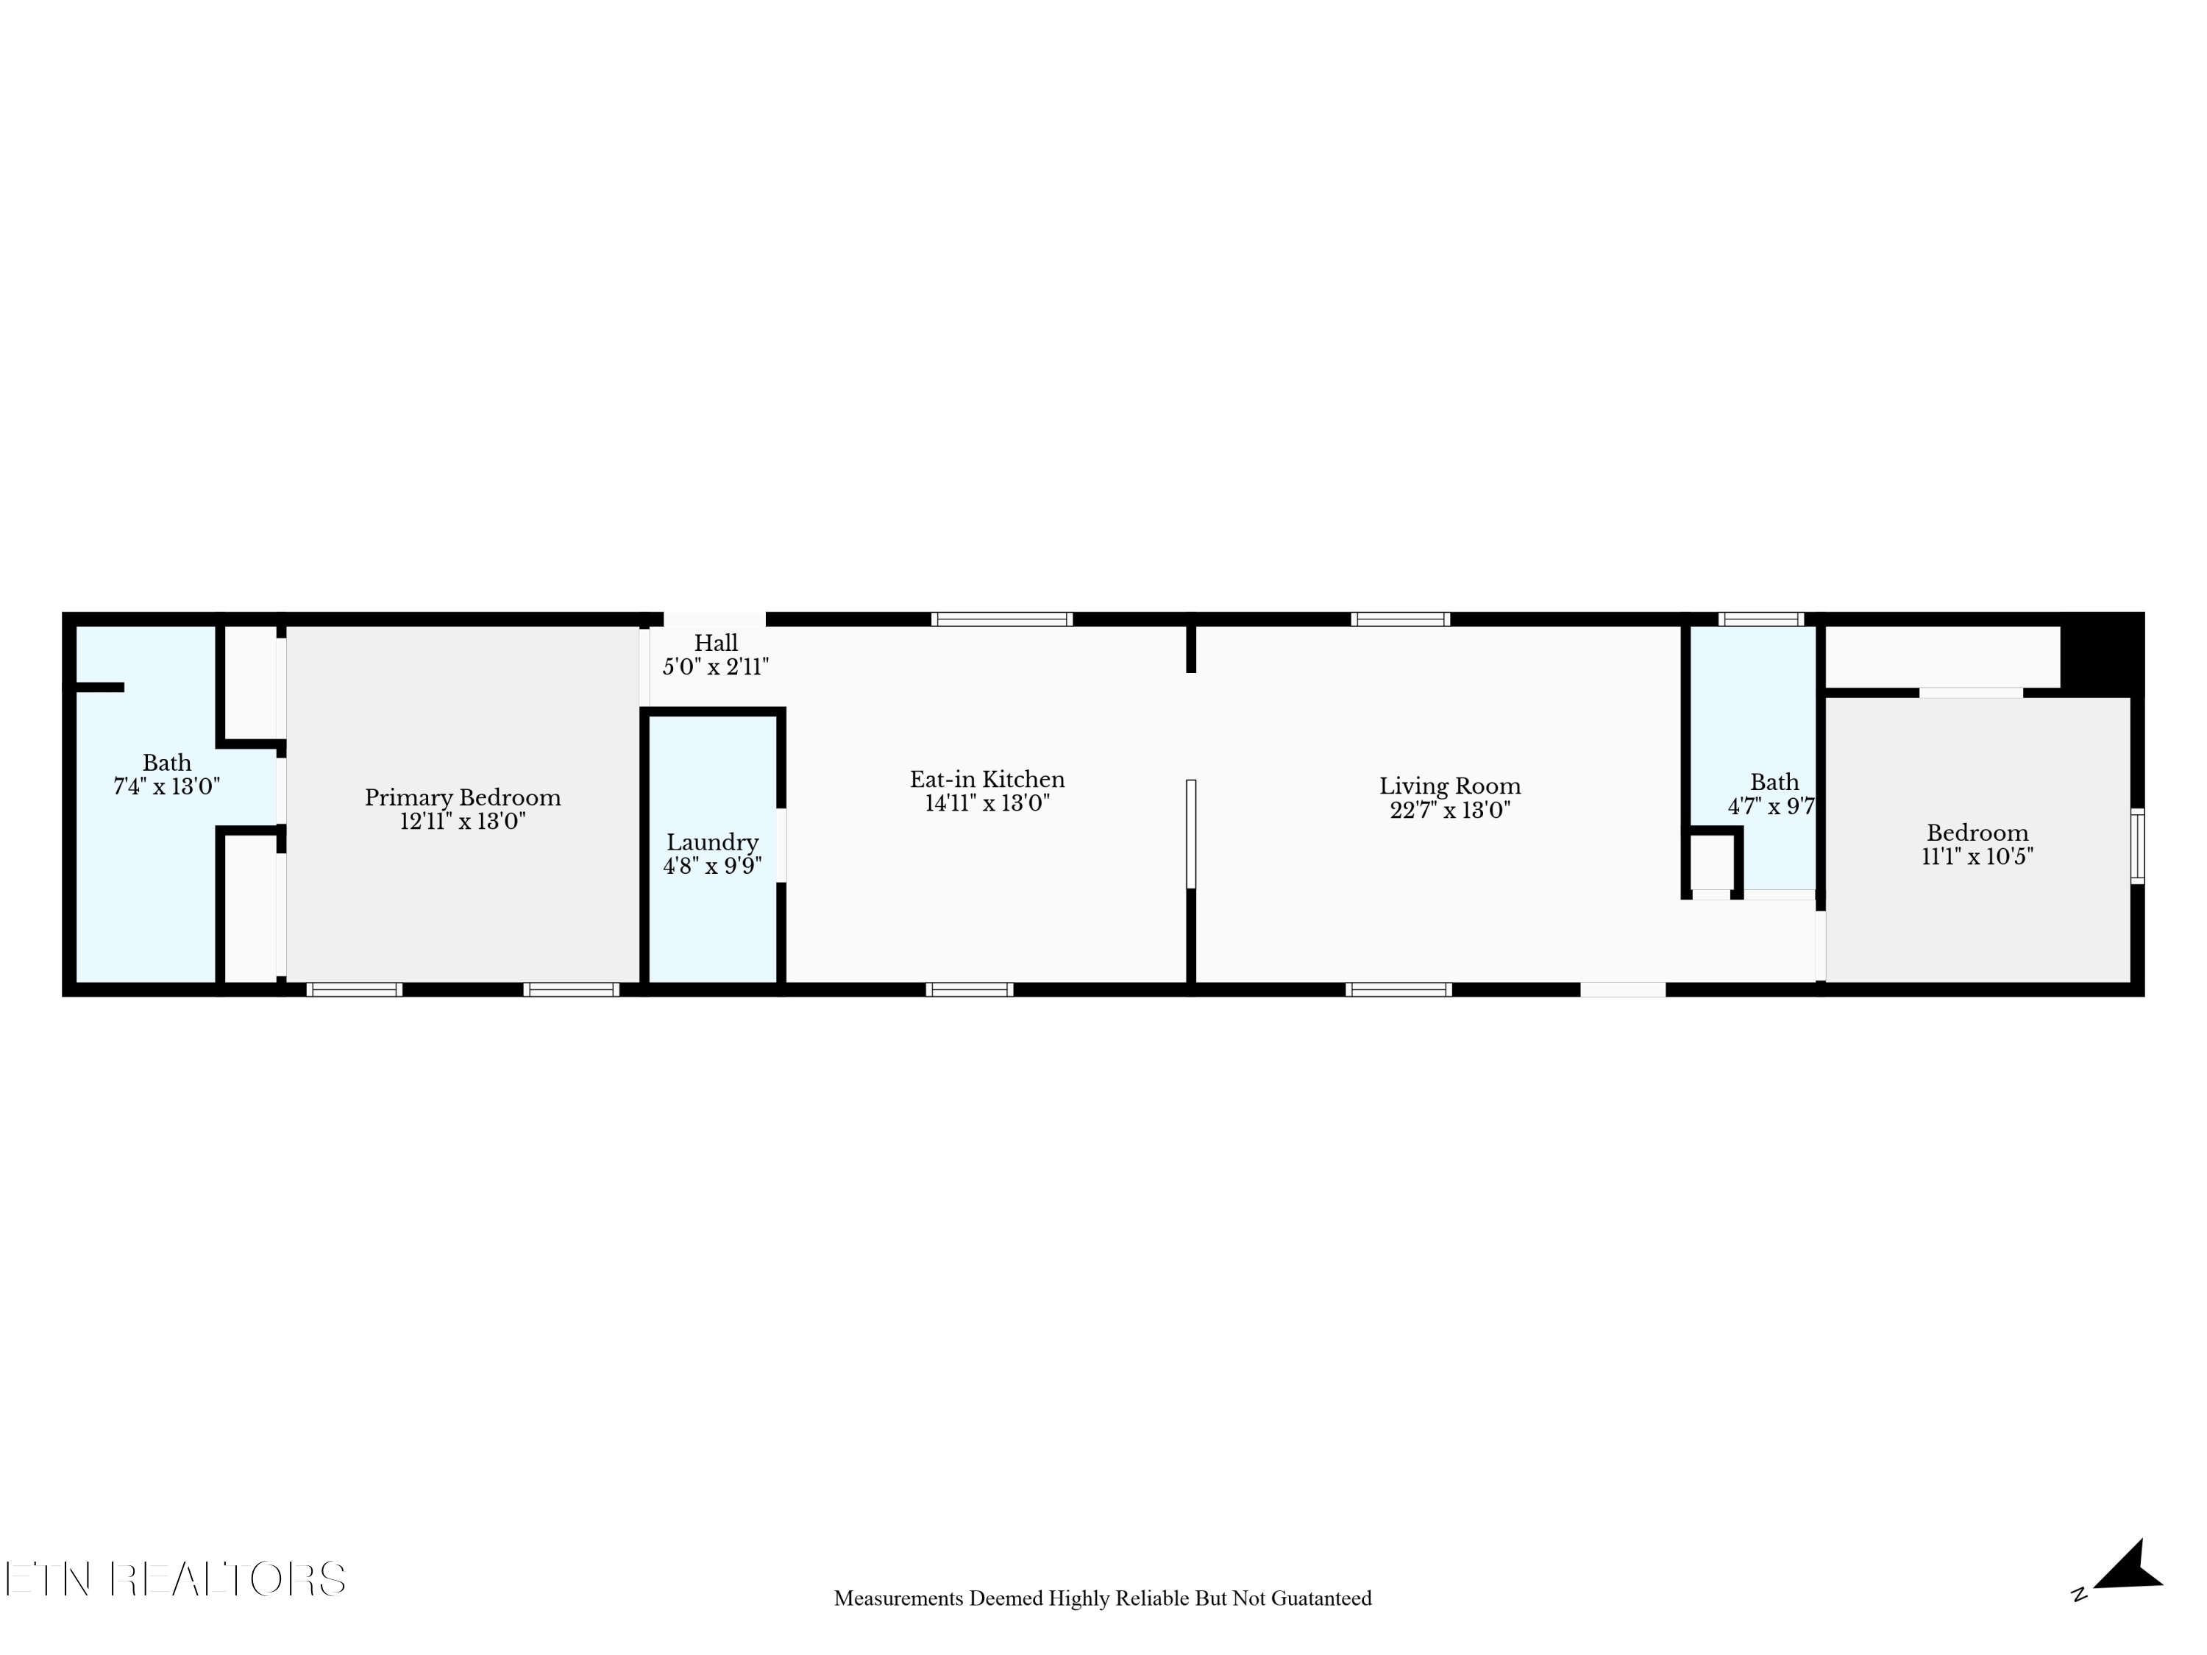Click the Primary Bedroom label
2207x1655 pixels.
coord(462,797)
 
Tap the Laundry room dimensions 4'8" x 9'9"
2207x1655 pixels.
coord(711,866)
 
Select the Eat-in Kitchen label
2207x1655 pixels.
coord(987,779)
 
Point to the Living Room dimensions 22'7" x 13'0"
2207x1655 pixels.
coord(1450,810)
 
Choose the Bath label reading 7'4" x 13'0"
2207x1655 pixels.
coord(166,774)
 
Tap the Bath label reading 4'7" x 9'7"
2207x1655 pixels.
coord(1773,794)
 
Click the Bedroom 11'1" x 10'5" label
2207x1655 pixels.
coord(1977,844)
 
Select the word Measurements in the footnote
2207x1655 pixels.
coord(898,1598)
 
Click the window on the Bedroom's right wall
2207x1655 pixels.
coord(2137,846)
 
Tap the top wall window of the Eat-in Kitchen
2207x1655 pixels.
coord(1002,619)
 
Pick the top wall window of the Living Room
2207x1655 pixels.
coord(1400,619)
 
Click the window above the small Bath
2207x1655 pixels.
coord(1761,619)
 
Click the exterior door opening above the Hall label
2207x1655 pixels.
coord(714,619)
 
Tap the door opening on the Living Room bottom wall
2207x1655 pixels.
coord(1622,989)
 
